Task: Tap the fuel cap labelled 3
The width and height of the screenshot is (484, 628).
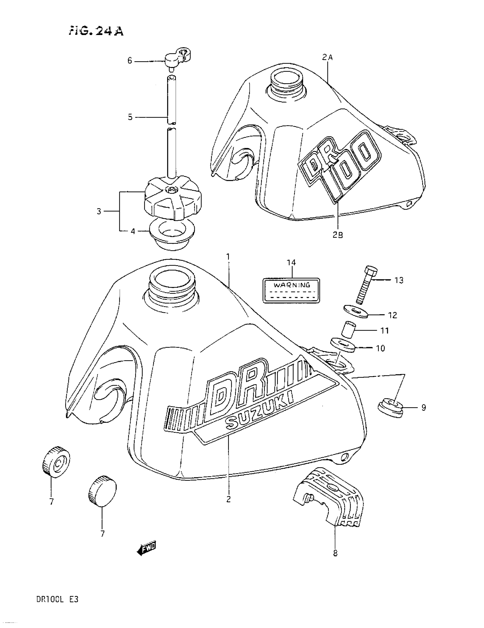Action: click(173, 200)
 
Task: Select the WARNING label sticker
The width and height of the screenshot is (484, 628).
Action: click(291, 290)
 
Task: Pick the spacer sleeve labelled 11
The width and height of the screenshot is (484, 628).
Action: click(348, 330)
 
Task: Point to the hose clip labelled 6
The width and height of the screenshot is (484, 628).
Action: click(179, 57)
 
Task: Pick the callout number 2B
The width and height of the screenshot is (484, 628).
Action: click(338, 235)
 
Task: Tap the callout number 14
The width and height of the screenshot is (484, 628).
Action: click(291, 262)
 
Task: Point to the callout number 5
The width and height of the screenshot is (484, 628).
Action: click(130, 117)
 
